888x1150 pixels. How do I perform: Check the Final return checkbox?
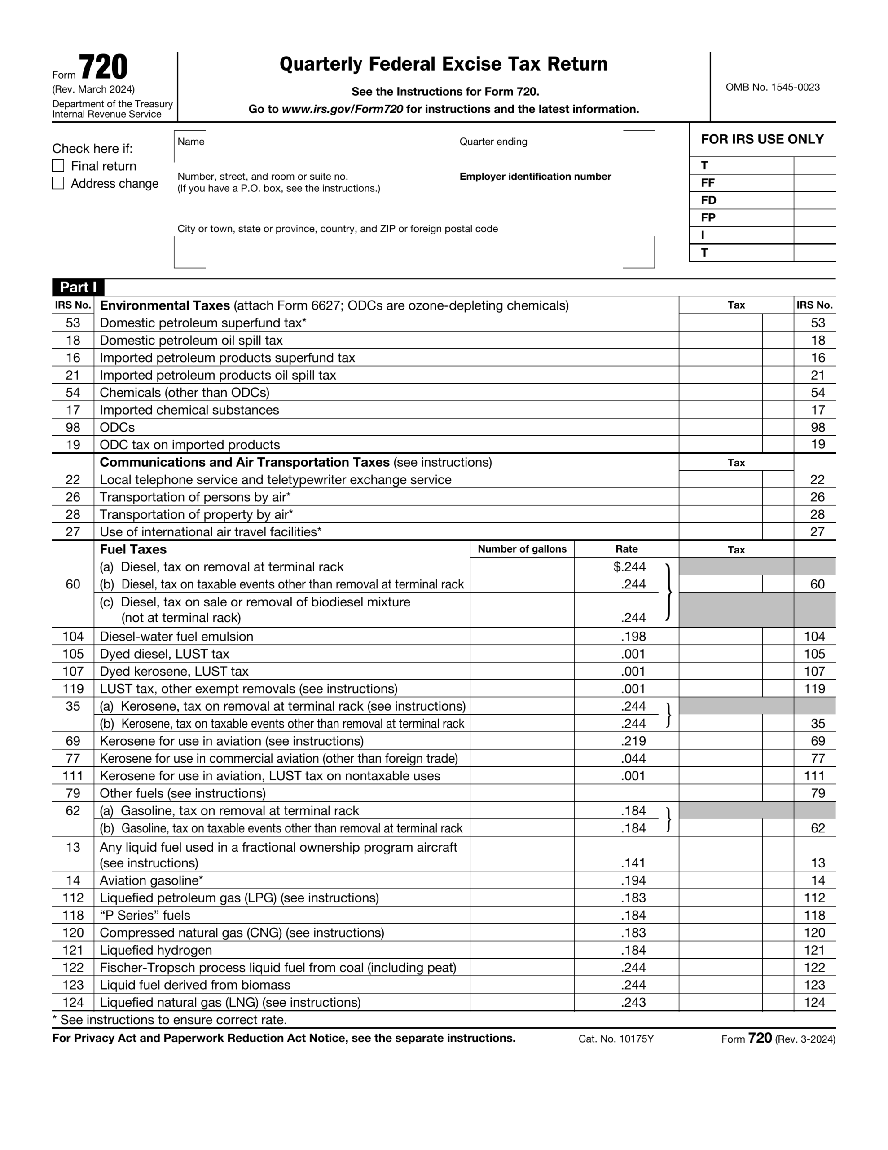58,166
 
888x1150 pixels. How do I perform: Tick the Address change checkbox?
58,183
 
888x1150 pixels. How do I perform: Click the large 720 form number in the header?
103,67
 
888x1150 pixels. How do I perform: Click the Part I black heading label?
78,287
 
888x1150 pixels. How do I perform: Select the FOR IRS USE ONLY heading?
762,139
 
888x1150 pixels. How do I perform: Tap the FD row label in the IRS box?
708,200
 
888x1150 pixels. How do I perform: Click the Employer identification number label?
535,177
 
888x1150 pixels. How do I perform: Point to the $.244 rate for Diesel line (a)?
629,566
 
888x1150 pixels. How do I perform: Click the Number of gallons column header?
522,548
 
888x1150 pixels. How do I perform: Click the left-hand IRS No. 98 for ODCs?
73,427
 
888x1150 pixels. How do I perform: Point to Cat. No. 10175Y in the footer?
615,1039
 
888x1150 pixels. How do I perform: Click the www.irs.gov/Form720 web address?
342,109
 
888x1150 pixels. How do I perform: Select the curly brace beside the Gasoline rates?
668,819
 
